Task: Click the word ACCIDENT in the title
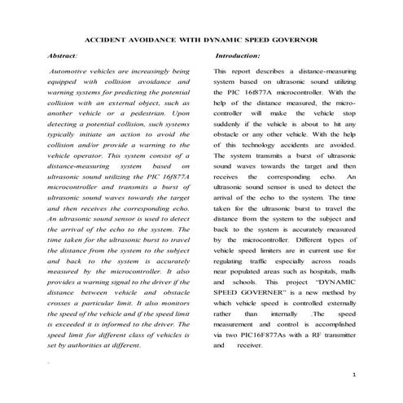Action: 110,40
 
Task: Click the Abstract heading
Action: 63,55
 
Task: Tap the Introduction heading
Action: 238,55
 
